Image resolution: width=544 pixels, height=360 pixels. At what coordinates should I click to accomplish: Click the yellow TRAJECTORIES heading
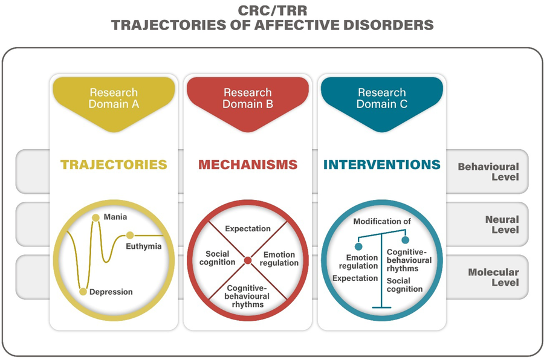coord(114,164)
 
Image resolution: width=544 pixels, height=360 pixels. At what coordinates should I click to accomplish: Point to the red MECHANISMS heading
coord(248,164)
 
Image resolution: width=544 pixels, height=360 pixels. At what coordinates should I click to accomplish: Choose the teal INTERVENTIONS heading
coord(382,164)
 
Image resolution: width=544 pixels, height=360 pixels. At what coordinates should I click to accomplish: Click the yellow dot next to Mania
coord(96,217)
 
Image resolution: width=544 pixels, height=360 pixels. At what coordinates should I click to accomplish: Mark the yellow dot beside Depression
coord(83,292)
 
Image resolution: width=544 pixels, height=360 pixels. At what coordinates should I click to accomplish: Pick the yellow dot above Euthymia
coord(130,235)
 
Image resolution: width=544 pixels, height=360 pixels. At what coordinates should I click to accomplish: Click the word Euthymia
coord(144,246)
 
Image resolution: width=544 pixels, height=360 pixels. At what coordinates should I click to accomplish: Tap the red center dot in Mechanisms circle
coord(248,260)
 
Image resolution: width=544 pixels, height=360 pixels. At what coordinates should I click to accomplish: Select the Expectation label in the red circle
coord(248,229)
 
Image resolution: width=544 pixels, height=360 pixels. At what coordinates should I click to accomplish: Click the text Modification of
coord(382,221)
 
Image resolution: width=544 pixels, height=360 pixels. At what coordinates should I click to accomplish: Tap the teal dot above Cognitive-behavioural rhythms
coord(405,240)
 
